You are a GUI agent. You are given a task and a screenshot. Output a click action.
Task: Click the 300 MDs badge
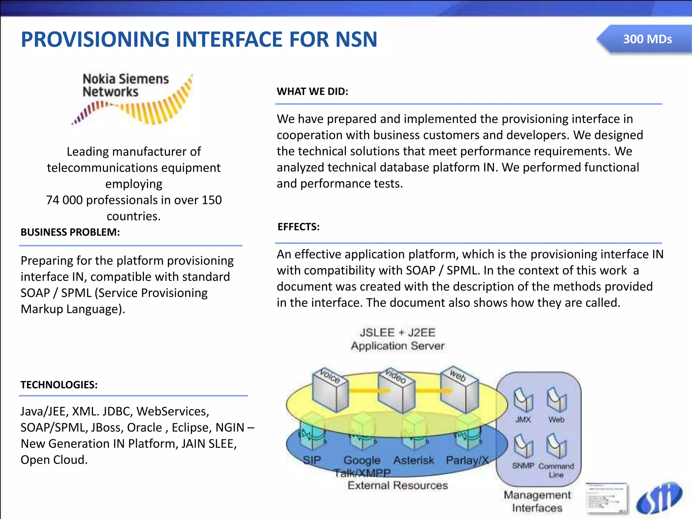click(x=647, y=39)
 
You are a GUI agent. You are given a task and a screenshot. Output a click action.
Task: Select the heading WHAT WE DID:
click(x=312, y=92)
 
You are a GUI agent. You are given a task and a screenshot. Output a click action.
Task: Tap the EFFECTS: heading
click(x=298, y=227)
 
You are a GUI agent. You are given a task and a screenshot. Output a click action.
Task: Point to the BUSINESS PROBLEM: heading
click(x=70, y=232)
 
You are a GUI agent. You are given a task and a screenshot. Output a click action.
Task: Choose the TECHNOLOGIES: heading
click(x=59, y=385)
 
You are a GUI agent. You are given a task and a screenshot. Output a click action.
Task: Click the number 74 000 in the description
click(x=64, y=200)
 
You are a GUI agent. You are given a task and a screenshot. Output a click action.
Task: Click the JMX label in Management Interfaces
click(x=523, y=420)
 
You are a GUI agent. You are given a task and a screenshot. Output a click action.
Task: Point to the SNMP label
click(x=523, y=466)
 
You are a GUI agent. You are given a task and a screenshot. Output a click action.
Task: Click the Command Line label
click(x=556, y=470)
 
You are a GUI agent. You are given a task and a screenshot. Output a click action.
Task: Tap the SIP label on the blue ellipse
click(x=312, y=460)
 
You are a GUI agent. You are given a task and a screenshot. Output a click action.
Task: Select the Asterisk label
click(x=414, y=460)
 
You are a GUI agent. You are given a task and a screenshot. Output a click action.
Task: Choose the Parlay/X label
click(x=467, y=460)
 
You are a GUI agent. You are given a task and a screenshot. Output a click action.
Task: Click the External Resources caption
click(x=398, y=486)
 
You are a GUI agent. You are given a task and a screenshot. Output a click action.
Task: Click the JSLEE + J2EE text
click(x=397, y=332)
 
